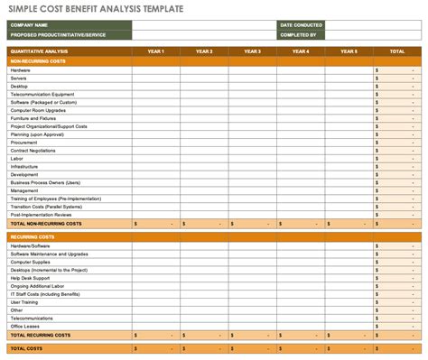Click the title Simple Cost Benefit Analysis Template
coord(90,9)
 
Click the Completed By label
coord(298,34)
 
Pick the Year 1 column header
coord(155,51)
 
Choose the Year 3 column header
coord(252,51)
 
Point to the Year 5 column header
coord(349,51)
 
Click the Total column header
coord(396,51)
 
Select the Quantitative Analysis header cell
coord(36,51)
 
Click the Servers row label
coord(19,78)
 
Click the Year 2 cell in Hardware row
coord(203,69)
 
